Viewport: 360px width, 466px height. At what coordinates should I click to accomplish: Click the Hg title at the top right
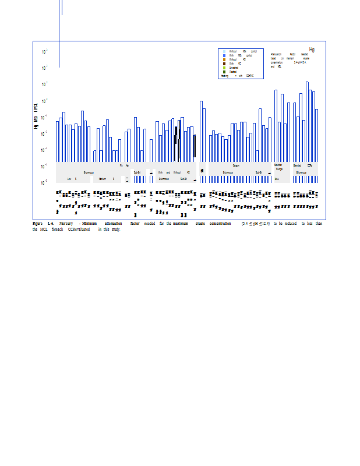coord(312,50)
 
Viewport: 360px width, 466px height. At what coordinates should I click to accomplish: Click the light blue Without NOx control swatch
coord(224,51)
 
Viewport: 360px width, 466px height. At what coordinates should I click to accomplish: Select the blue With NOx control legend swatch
coord(224,55)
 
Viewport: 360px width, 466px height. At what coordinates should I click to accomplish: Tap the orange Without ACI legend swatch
coord(224,59)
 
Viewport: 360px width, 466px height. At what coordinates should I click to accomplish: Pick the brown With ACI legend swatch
coord(224,63)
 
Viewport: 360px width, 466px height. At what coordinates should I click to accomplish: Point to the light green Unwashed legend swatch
coord(224,68)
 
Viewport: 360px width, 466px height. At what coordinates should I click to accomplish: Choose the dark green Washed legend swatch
coord(224,72)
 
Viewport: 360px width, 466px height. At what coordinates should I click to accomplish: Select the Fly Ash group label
coord(124,165)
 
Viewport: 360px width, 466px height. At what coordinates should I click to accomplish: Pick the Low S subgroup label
coord(72,179)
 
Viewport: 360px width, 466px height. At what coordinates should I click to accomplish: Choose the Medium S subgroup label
coord(106,179)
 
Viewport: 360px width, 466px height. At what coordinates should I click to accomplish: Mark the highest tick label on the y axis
coord(45,52)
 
